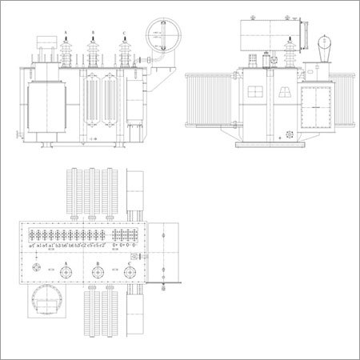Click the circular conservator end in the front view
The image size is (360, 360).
coord(162,35)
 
